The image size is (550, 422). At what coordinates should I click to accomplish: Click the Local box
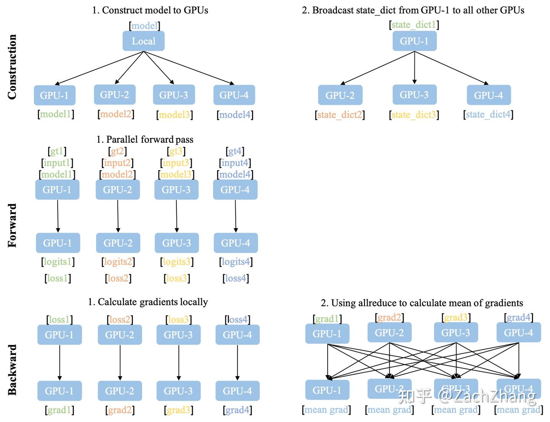[x=143, y=41]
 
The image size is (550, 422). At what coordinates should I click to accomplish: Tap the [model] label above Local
[x=144, y=26]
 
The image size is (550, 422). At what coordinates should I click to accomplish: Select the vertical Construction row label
[x=12, y=67]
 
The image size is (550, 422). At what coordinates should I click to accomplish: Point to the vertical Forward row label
[x=12, y=225]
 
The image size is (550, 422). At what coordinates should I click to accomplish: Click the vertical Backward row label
[x=12, y=369]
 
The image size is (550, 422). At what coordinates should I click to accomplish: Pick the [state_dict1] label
[x=414, y=25]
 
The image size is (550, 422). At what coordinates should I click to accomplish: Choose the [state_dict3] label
[x=414, y=114]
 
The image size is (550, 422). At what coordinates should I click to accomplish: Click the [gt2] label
[x=117, y=151]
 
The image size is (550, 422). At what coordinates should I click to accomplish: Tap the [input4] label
[x=235, y=163]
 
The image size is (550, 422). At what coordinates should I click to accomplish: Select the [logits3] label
[x=176, y=262]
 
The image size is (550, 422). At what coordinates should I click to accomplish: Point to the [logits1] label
[x=58, y=262]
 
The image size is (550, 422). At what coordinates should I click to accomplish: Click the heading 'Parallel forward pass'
[x=145, y=139]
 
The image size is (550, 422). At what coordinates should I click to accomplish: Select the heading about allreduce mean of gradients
[x=422, y=303]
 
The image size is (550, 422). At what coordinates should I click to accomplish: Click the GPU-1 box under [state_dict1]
[x=414, y=41]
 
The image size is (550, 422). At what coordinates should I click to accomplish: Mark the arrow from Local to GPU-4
[x=189, y=68]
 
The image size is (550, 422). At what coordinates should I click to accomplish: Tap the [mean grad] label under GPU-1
[x=327, y=410]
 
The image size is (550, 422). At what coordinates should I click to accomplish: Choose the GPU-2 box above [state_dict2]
[x=340, y=95]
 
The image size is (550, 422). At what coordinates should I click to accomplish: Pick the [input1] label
[x=57, y=163]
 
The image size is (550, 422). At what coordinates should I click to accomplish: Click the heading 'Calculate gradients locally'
[x=148, y=302]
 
